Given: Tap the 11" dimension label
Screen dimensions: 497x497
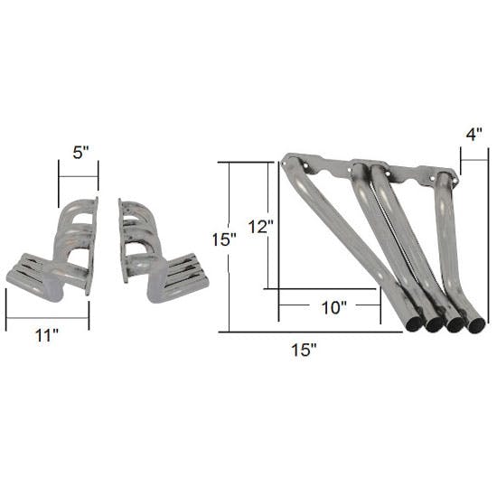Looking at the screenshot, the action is (x=47, y=335).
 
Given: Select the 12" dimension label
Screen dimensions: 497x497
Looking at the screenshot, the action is (x=261, y=226).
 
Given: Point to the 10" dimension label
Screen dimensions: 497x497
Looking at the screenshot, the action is (x=334, y=307).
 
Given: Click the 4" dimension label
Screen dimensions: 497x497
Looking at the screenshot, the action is (x=474, y=135).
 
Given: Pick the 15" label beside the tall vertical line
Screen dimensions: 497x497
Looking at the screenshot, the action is (x=224, y=239).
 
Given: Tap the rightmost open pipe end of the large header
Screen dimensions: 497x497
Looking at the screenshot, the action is (x=476, y=325).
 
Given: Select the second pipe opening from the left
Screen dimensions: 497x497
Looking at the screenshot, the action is (x=434, y=325).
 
